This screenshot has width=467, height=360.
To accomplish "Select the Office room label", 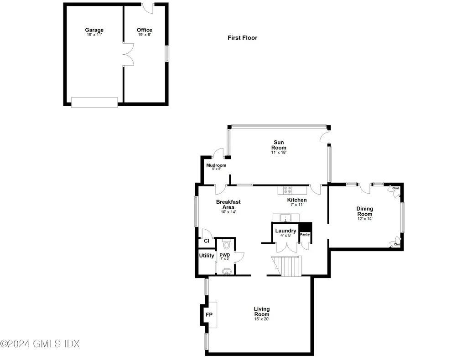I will [x=145, y=30].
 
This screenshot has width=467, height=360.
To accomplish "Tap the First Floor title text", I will [x=242, y=38].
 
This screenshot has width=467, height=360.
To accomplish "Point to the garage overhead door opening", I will [x=94, y=102].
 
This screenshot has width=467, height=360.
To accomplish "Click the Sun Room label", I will [x=279, y=144].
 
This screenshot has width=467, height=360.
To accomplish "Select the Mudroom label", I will [x=216, y=165].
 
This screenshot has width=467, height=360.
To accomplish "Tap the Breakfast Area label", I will [x=228, y=204].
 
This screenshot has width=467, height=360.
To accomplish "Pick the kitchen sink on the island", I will [x=286, y=217].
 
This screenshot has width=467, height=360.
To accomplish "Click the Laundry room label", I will [x=285, y=231].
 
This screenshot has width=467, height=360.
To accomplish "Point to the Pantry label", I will [x=305, y=235].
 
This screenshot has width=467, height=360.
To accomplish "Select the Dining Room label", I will [x=364, y=211].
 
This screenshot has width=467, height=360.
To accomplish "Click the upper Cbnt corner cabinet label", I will [x=395, y=188].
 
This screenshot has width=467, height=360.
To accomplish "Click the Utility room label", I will [x=206, y=256].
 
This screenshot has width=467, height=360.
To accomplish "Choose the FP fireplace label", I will [x=209, y=315].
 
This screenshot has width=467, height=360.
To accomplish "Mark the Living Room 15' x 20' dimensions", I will [x=261, y=319].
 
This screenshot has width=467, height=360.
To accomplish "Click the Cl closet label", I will [x=206, y=241].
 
